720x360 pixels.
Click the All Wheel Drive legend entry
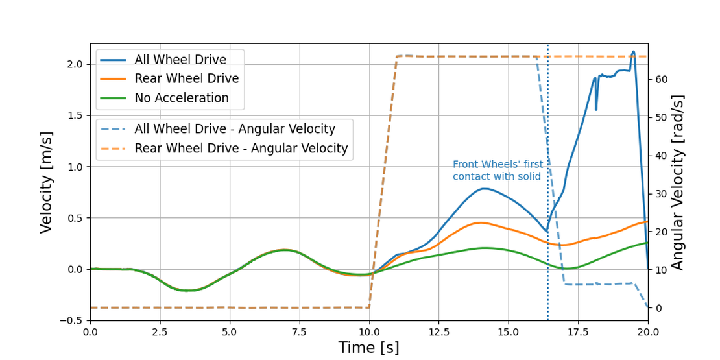coord(180,60)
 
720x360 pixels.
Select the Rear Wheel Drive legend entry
coord(186,79)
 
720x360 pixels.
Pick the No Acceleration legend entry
coord(181,99)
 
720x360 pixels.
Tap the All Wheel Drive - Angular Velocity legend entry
coord(234,129)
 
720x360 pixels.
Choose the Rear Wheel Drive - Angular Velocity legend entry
coord(241,149)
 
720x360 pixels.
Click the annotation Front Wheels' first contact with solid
coord(498,171)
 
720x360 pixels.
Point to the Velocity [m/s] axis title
coord(46,182)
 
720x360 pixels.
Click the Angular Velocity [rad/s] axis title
coord(678,182)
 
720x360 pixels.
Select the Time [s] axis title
coord(368,348)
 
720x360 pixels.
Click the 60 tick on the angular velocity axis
coord(661,79)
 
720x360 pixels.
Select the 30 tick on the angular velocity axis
coord(661,194)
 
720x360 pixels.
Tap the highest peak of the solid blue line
coord(633,51)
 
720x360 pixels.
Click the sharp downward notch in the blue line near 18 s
coord(596,109)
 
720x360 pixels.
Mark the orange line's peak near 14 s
coord(480,222)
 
